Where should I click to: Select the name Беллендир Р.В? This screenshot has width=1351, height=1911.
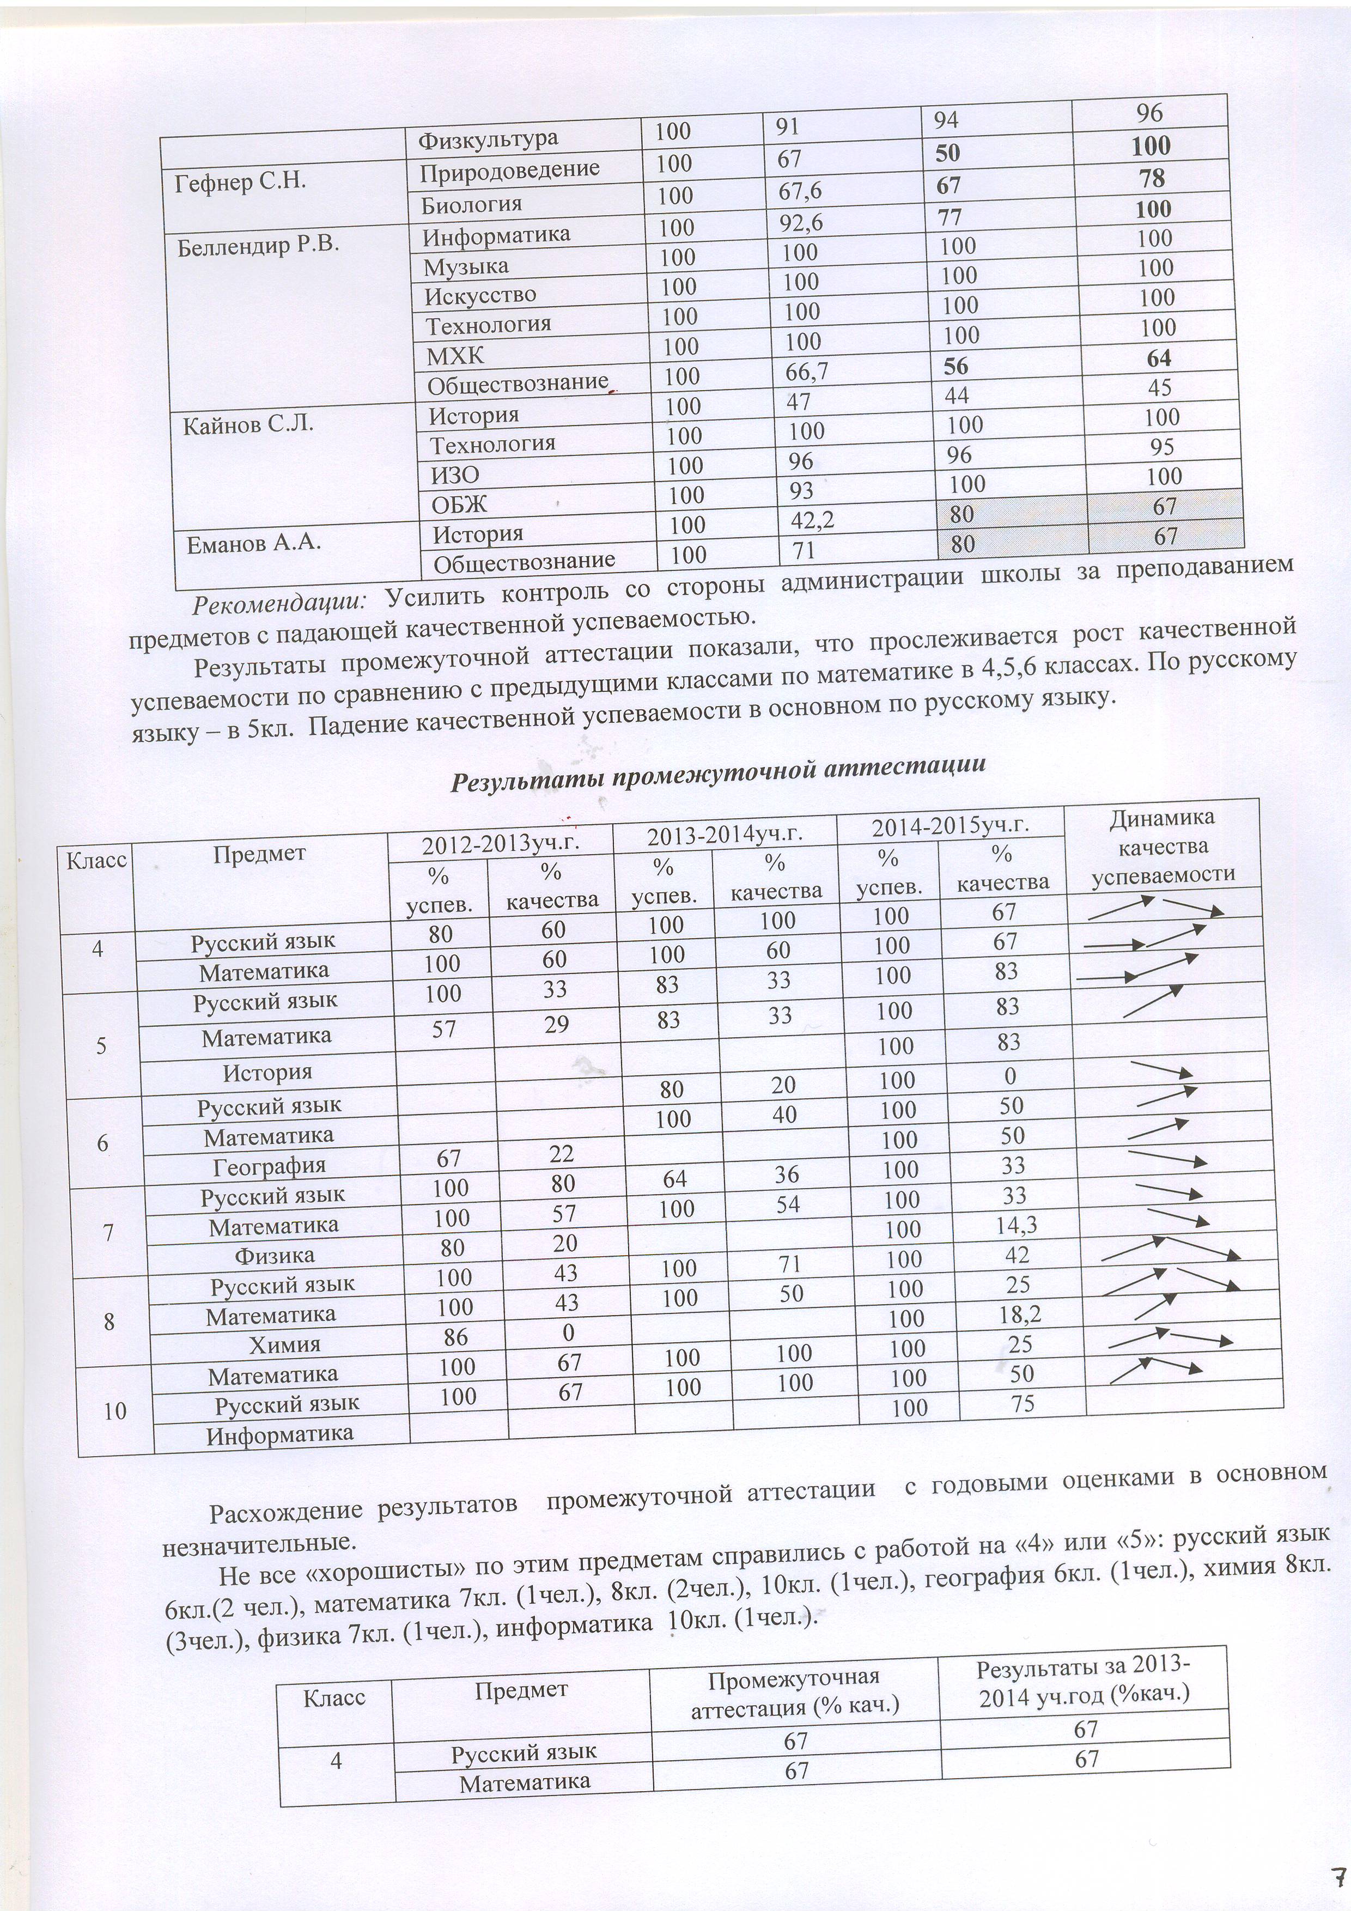[258, 246]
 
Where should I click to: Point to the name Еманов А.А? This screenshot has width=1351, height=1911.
[254, 544]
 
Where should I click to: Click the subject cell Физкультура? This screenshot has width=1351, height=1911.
[487, 139]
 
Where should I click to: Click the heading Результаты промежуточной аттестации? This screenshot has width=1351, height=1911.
[717, 774]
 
